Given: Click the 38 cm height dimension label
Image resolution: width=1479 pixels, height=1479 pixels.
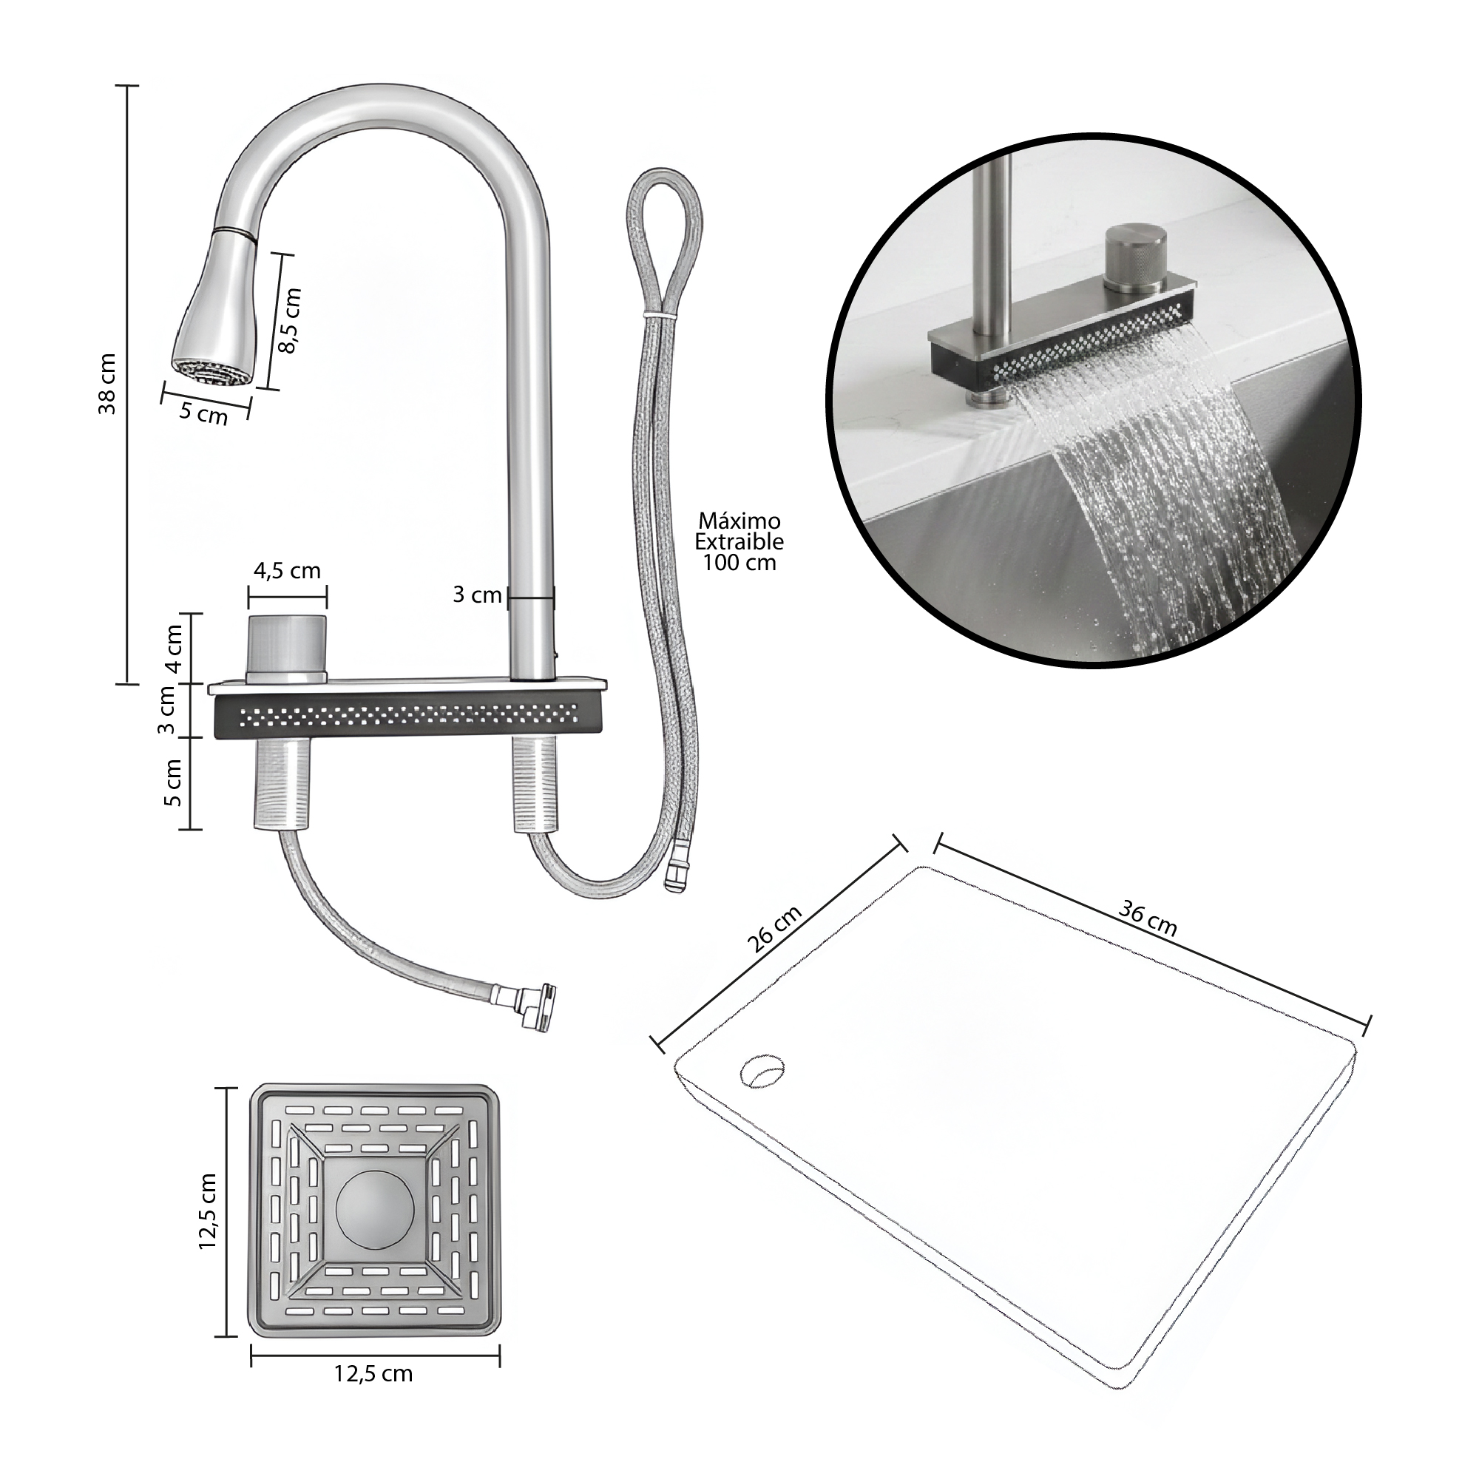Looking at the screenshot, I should (108, 384).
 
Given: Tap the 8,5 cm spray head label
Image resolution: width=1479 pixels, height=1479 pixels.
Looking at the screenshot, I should (290, 320).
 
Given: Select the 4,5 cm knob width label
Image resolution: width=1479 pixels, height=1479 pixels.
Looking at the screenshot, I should (287, 571).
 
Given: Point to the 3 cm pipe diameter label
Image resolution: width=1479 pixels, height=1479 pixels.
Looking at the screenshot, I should (477, 595).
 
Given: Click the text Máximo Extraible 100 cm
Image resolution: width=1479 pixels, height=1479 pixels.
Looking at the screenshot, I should (739, 542).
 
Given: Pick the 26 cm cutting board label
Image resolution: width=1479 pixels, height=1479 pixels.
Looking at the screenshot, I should (775, 929).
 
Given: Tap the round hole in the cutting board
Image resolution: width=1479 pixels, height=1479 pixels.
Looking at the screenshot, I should (762, 1071).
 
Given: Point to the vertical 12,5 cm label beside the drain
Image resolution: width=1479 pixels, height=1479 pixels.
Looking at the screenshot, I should (209, 1212).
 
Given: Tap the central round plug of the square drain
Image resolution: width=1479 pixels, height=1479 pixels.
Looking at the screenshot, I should (375, 1209).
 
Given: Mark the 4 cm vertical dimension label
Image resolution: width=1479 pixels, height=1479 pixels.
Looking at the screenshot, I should (174, 649).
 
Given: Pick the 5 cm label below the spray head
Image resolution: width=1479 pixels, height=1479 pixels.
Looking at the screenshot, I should (203, 414).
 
